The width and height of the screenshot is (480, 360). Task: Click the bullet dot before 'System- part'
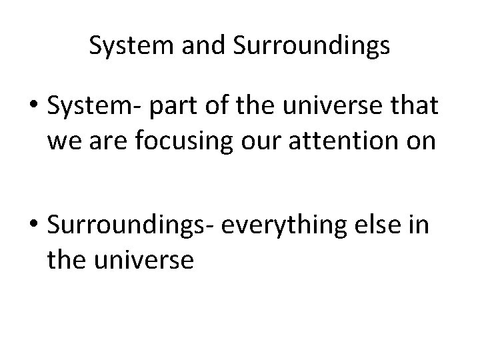[x=31, y=105]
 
